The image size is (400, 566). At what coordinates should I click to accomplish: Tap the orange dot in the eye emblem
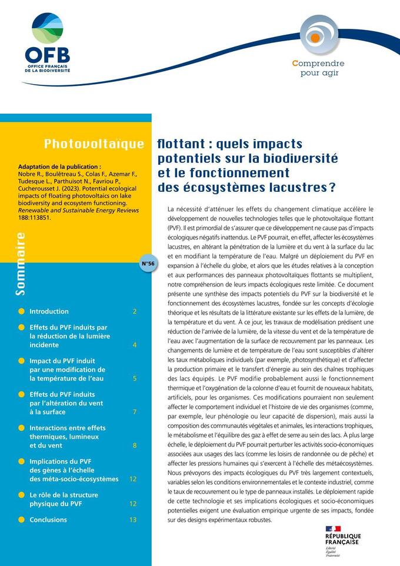coord(315,38)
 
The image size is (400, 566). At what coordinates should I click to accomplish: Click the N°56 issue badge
coord(148,264)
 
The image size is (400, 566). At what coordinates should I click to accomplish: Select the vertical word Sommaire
coord(21,264)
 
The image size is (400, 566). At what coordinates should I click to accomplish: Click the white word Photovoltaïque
coord(94,144)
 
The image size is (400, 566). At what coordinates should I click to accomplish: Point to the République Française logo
coord(342,538)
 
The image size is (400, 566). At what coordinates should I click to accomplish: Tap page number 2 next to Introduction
coord(135,311)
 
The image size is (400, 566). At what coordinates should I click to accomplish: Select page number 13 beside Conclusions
coord(133,520)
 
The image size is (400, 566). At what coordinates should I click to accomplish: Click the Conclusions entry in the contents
coord(48,520)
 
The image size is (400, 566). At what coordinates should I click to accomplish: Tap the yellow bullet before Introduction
coord(21,311)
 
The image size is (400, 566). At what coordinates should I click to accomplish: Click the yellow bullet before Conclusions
coord(21,520)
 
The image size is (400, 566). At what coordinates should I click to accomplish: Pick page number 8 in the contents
coord(135,445)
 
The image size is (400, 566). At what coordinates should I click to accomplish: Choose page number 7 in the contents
coord(135,412)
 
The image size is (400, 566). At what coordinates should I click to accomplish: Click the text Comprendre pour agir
coord(318,68)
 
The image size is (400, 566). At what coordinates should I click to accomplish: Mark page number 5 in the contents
coord(135,378)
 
